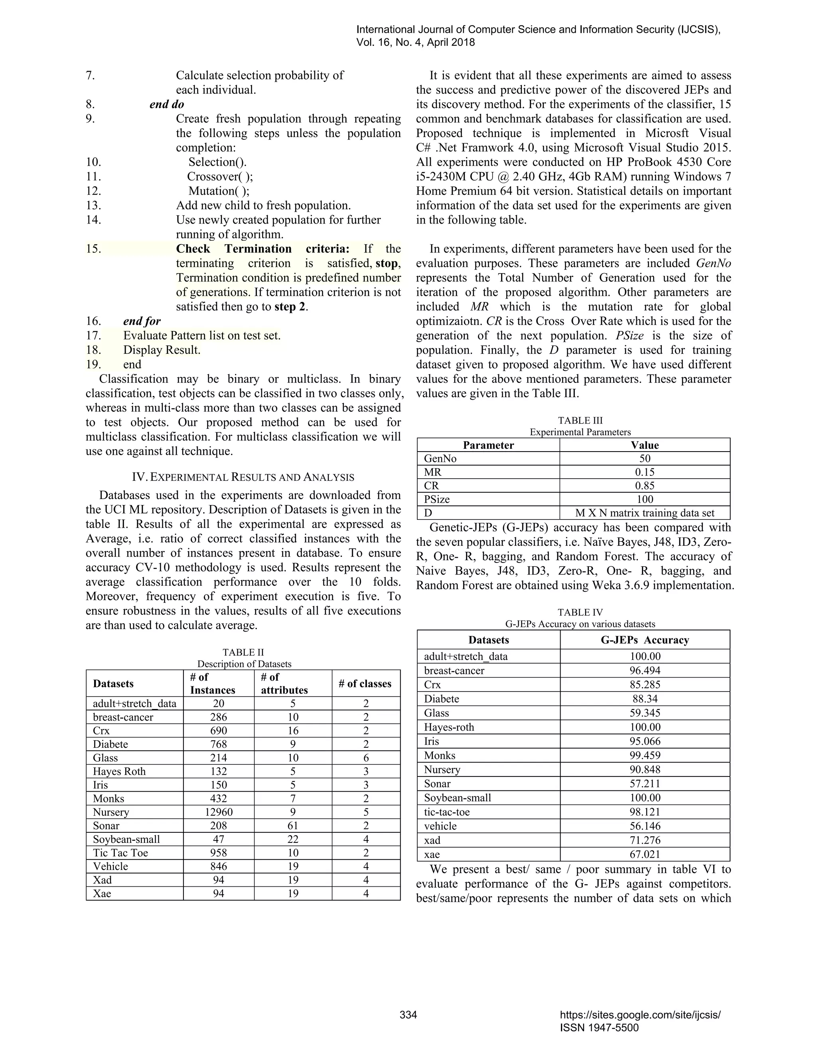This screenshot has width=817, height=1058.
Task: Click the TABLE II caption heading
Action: (243, 652)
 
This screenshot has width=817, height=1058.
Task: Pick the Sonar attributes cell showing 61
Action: (292, 826)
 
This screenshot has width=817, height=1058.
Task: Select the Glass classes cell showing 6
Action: (366, 758)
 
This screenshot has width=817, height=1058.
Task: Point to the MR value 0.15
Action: (645, 472)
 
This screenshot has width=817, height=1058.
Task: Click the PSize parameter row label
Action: (437, 499)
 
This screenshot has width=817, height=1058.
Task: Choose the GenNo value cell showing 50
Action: (645, 458)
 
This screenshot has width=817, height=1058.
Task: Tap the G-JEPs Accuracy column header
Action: (645, 640)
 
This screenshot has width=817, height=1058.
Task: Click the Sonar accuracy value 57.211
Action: (645, 783)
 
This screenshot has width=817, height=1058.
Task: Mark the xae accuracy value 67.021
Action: (645, 854)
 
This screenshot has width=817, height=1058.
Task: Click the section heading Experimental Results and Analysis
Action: (243, 477)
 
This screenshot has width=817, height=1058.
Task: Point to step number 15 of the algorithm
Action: (93, 249)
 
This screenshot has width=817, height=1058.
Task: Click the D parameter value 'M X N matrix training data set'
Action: (645, 513)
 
